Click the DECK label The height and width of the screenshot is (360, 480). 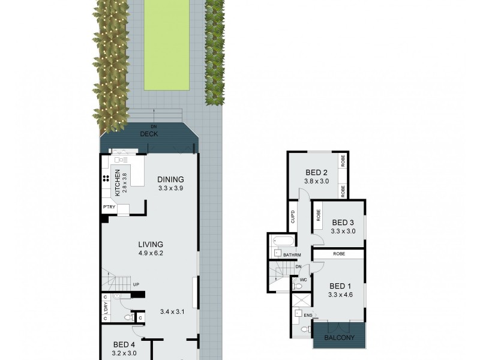tap(149, 134)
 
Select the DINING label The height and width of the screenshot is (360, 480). tap(170, 179)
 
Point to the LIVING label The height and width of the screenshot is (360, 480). tap(151, 244)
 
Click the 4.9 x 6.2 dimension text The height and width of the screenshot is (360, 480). tap(151, 253)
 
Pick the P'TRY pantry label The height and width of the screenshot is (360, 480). tap(109, 208)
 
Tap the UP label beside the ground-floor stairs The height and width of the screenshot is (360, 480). tap(136, 284)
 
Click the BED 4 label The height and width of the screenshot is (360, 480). tap(125, 344)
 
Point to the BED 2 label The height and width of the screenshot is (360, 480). tap(317, 172)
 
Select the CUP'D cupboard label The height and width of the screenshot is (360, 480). tap(293, 216)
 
